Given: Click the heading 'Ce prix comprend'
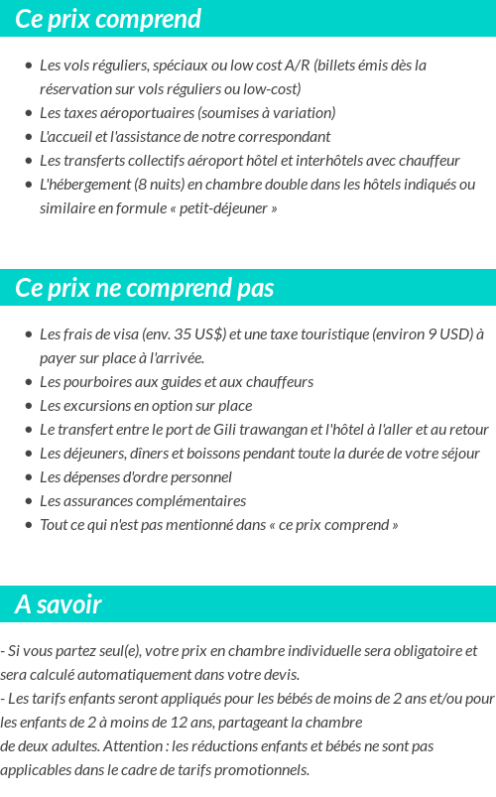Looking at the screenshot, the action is tap(108, 19).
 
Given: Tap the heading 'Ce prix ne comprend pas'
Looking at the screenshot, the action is tap(144, 288).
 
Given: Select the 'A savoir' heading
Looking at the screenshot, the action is tap(58, 604).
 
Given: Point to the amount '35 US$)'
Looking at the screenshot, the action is tap(199, 334).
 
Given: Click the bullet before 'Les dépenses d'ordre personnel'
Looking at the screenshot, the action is tap(29, 477).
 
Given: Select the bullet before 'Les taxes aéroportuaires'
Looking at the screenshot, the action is tap(29, 113).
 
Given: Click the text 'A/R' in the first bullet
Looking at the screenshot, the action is tap(297, 66).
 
